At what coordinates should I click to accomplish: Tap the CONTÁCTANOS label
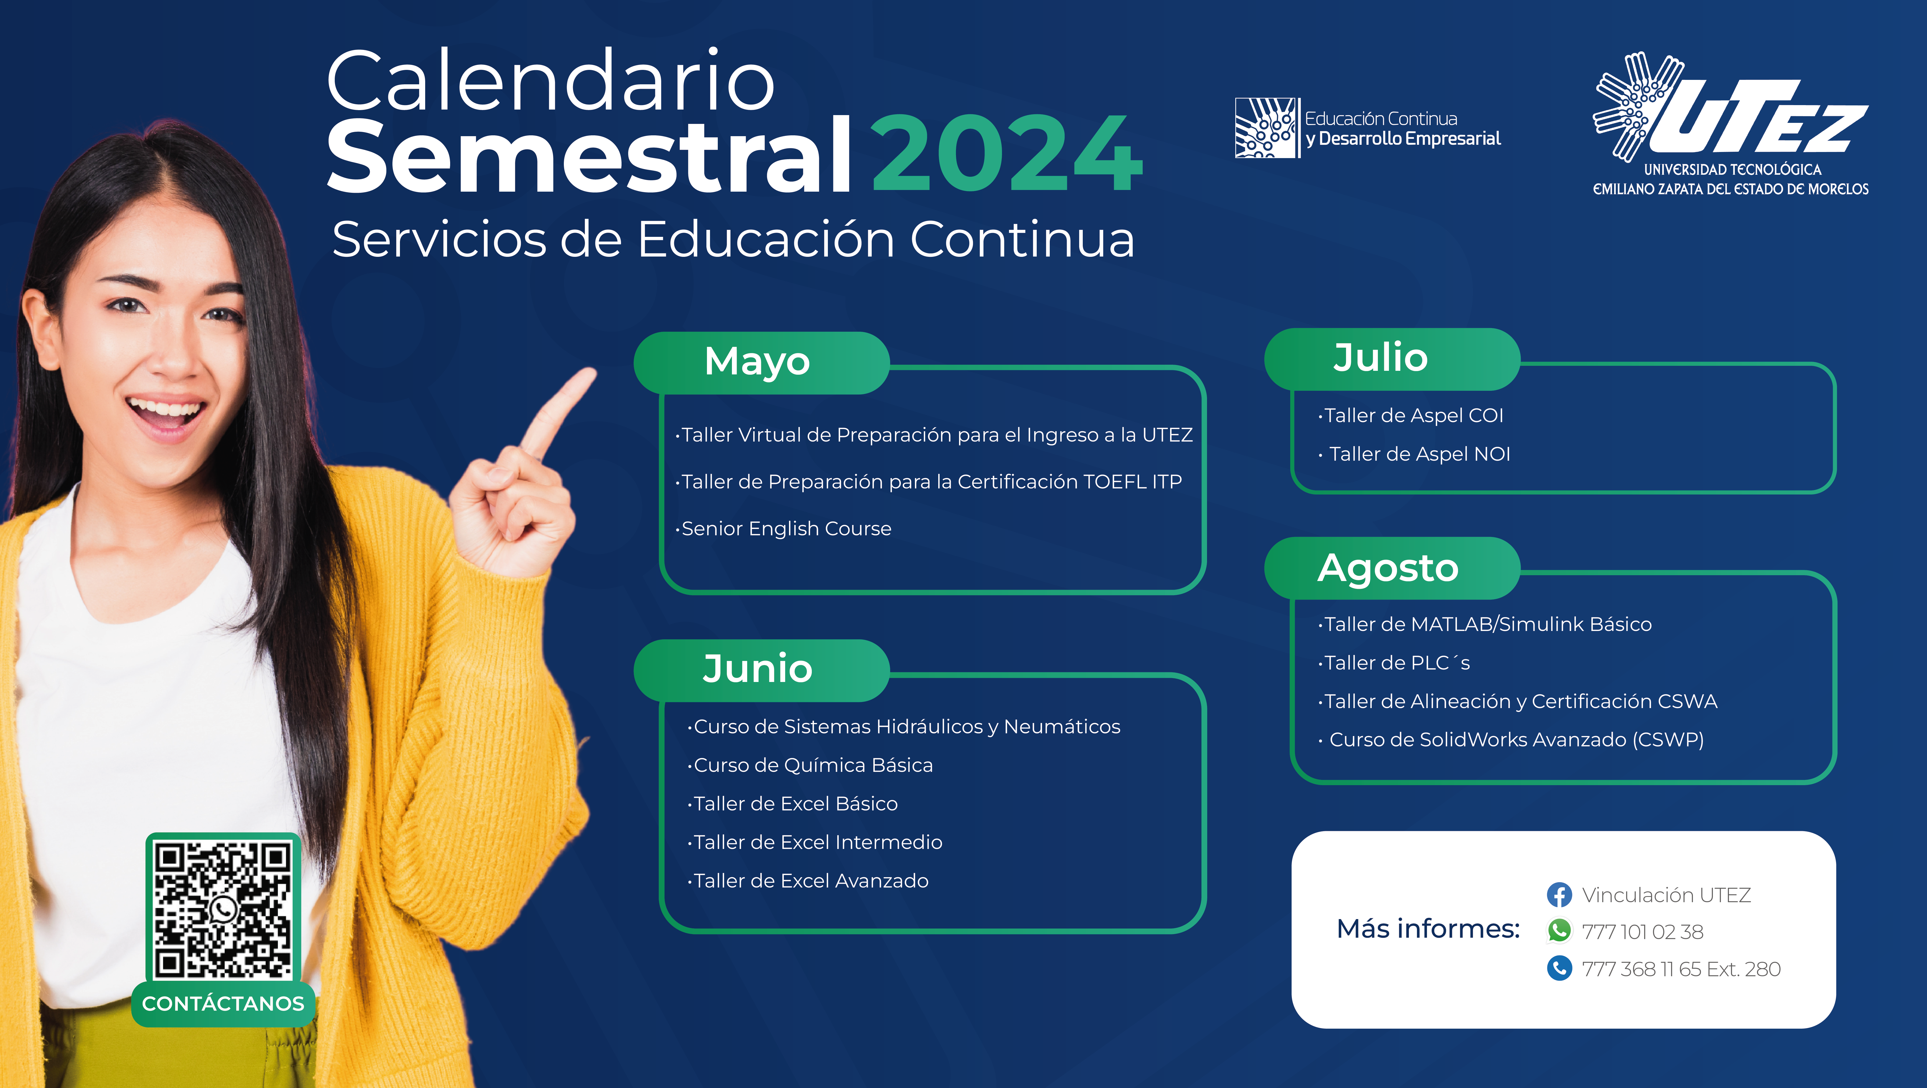point(223,1003)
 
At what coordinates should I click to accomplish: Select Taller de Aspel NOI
point(1414,454)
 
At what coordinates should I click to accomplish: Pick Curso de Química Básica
point(810,765)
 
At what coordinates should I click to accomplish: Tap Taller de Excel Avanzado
point(808,881)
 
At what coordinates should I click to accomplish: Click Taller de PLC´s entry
point(1394,663)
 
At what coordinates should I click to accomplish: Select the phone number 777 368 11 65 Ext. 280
point(1681,969)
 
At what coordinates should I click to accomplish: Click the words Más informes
point(1428,929)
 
